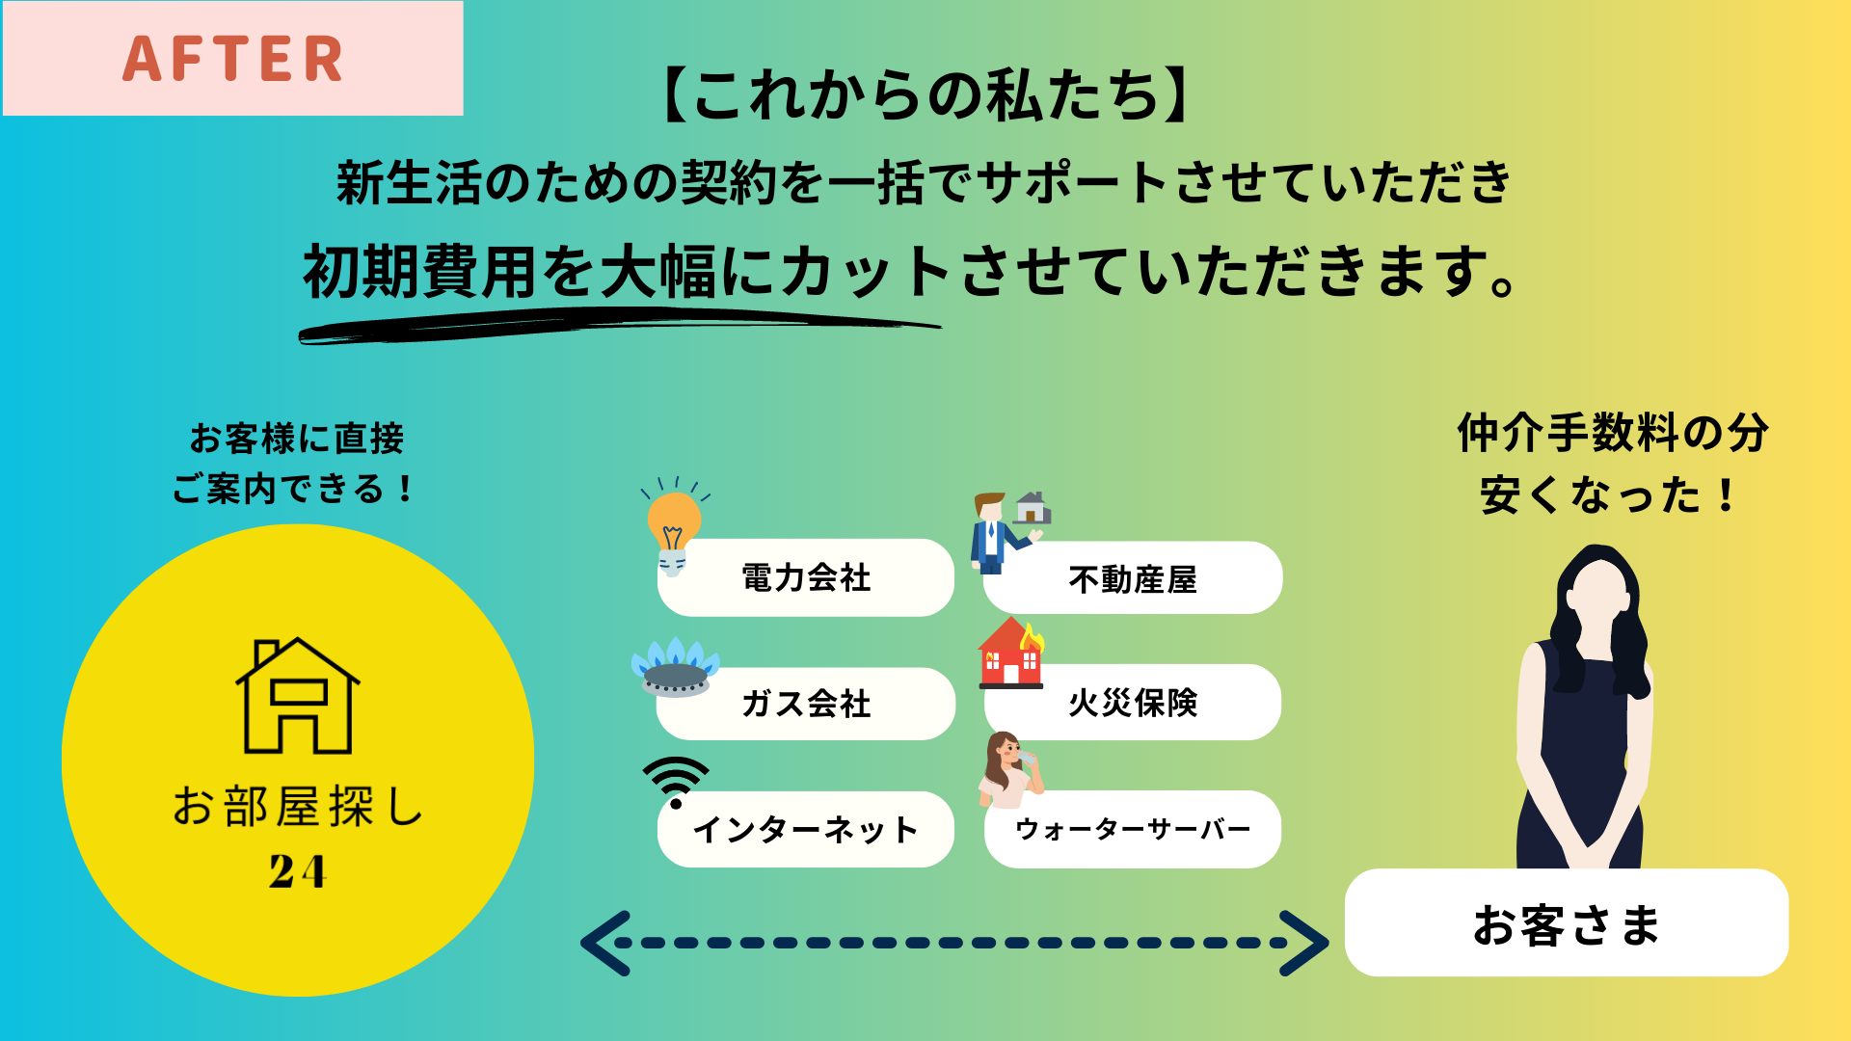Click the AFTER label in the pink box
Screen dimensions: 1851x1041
232,59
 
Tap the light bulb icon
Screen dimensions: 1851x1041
674,526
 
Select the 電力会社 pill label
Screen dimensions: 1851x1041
806,578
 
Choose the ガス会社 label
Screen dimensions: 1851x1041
806,704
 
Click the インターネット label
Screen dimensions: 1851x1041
806,830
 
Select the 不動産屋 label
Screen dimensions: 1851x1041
1133,579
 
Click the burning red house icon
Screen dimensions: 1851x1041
1011,653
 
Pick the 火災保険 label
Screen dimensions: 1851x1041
1133,703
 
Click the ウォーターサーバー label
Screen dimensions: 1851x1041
1133,829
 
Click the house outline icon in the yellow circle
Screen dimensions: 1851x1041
298,695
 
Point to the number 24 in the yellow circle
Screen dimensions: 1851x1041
298,871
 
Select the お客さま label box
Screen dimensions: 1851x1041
1567,922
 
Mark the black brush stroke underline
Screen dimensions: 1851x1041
619,325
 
